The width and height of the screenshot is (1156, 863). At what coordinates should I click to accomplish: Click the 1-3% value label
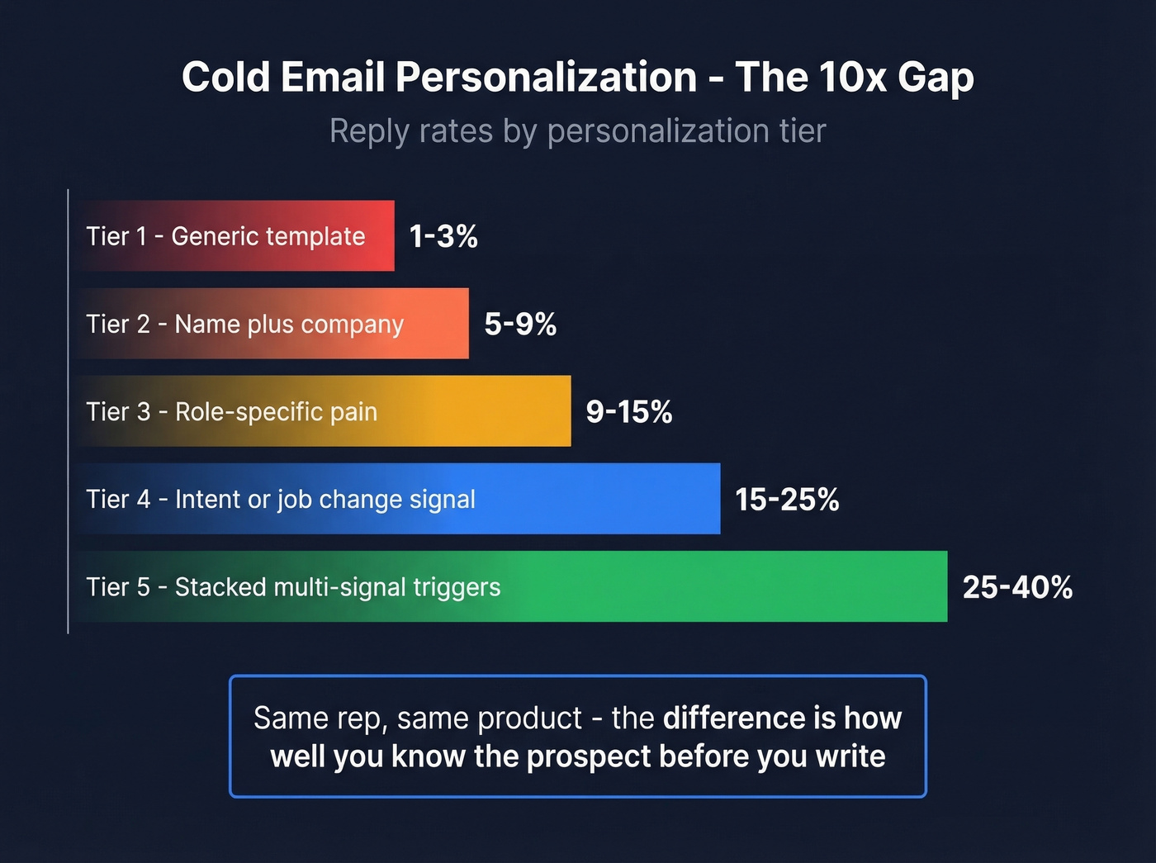coord(443,237)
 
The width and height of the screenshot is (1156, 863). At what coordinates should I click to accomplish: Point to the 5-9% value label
coord(520,325)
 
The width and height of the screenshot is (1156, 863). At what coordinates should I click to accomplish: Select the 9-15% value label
coord(629,412)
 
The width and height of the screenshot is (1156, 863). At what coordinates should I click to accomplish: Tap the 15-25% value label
coord(787,500)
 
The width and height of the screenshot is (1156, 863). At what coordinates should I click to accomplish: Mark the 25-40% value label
coord(1017,587)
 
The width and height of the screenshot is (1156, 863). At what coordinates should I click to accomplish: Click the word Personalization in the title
coord(546,78)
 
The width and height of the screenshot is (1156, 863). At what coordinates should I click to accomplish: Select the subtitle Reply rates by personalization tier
coord(578,131)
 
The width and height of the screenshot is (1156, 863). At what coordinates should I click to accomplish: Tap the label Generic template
coord(268,237)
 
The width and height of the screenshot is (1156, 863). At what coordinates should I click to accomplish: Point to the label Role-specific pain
coord(276,412)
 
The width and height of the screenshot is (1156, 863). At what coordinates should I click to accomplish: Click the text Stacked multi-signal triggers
coord(338,587)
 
